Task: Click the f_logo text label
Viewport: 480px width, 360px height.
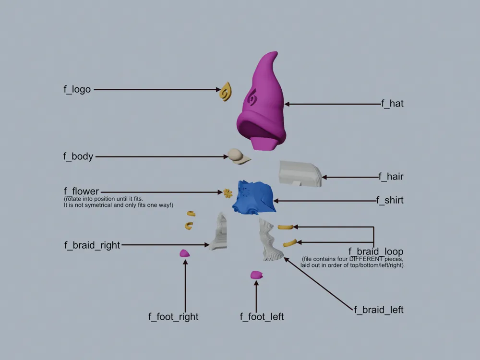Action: coord(77,89)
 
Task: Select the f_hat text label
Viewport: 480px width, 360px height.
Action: coord(392,104)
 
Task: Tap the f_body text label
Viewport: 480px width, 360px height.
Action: coord(78,156)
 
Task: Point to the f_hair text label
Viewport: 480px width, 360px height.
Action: coord(391,176)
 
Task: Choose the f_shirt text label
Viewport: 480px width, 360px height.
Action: coord(390,200)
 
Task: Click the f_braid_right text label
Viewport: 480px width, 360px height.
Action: coord(92,245)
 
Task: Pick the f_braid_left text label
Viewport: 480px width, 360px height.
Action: coord(379,310)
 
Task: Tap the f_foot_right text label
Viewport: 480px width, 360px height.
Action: coord(173,316)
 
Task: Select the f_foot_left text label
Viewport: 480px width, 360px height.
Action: coord(262,316)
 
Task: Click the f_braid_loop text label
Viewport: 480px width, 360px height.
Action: coord(376,252)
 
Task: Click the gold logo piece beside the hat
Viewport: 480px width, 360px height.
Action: coord(226,92)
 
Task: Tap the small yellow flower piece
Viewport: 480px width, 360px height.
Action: coord(228,193)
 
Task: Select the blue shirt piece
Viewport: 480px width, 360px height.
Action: coord(254,197)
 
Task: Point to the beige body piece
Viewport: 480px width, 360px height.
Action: coord(238,156)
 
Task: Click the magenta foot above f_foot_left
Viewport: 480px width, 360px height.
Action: coord(256,275)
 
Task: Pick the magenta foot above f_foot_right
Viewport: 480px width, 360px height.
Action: coord(184,253)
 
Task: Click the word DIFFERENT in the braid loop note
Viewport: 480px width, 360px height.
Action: coord(366,259)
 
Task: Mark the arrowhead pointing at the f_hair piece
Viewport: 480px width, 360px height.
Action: coord(324,177)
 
